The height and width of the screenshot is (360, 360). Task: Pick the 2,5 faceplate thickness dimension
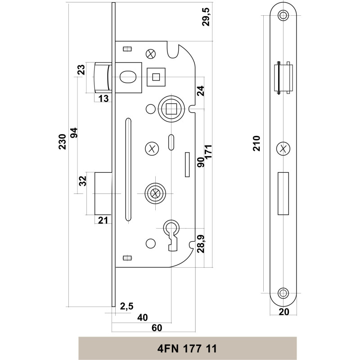point(127,306)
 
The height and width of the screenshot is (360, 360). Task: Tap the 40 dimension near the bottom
point(142,317)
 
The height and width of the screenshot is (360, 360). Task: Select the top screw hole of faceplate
point(283,15)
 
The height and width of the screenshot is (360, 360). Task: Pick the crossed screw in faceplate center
point(283,148)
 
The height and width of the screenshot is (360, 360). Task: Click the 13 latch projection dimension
point(103,99)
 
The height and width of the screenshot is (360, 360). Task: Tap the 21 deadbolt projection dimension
point(103,220)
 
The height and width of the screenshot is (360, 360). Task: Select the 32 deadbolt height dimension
point(82,181)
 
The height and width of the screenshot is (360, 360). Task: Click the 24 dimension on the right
point(201,91)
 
